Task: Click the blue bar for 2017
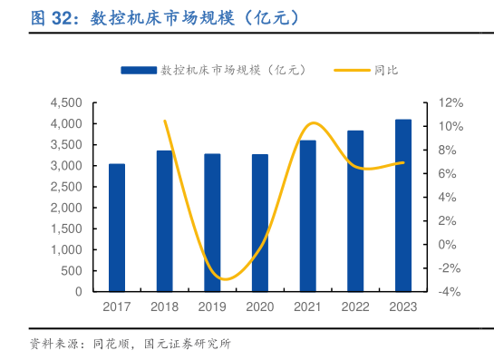(x=117, y=229)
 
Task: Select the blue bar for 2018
(x=165, y=221)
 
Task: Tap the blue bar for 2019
(x=212, y=223)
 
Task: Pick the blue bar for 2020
(x=260, y=223)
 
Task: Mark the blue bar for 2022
(x=355, y=211)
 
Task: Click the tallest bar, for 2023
(x=403, y=206)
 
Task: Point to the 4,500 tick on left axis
(x=66, y=102)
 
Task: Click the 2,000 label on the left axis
(x=66, y=208)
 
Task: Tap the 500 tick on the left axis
(x=73, y=271)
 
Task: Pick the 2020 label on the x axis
(x=260, y=307)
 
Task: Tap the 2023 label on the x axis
(x=403, y=307)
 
